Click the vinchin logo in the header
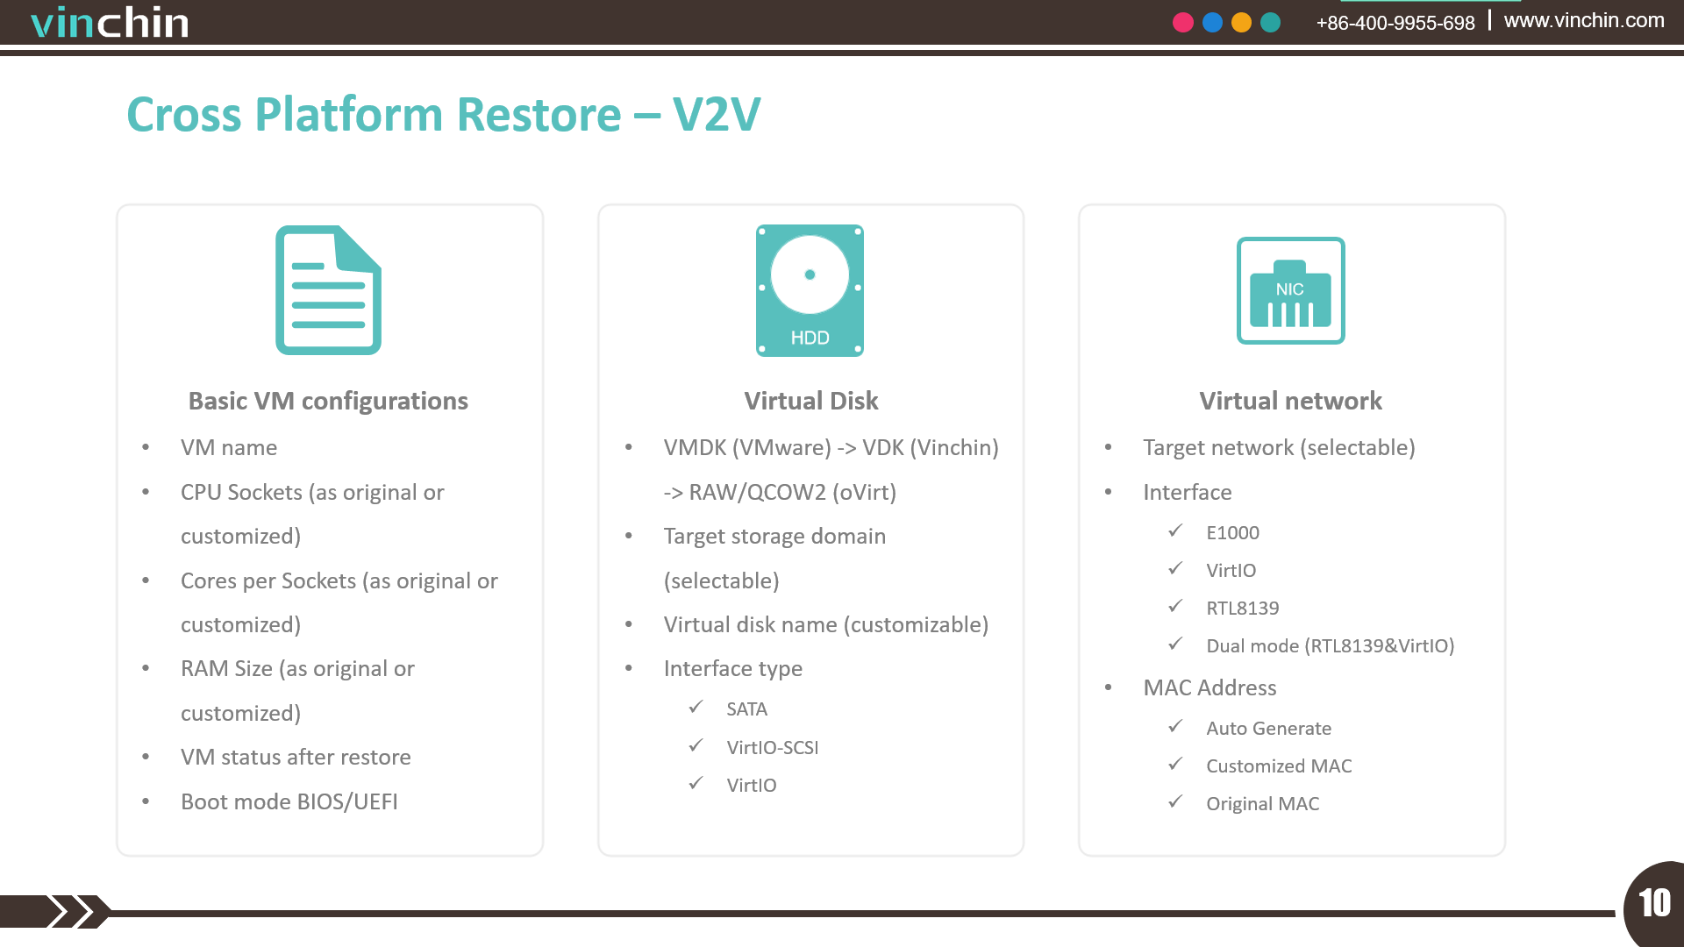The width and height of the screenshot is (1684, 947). [110, 23]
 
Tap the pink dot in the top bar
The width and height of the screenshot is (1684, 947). [1183, 23]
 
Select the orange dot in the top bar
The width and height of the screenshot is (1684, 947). [1241, 23]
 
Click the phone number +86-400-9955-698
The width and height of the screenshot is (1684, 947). [1395, 23]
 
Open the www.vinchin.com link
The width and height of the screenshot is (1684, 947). [1584, 20]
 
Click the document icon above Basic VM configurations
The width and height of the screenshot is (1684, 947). [329, 290]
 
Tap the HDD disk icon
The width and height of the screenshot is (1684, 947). [810, 290]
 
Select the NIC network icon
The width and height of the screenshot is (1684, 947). [1291, 290]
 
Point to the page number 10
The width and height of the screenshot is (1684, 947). [1655, 903]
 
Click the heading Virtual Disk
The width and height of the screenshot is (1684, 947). [811, 401]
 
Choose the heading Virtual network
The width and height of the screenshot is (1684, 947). [1291, 401]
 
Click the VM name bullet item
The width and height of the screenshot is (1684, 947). [229, 447]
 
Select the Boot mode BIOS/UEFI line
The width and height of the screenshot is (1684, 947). [289, 801]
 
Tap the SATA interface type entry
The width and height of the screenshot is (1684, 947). [746, 708]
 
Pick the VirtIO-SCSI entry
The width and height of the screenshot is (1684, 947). [773, 747]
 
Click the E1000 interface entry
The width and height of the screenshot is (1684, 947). [1232, 532]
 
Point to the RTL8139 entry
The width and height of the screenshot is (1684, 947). [1242, 608]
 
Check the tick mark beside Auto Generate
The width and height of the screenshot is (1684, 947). [1175, 726]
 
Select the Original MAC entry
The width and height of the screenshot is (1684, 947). [1262, 803]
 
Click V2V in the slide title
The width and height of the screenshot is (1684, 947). [717, 115]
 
